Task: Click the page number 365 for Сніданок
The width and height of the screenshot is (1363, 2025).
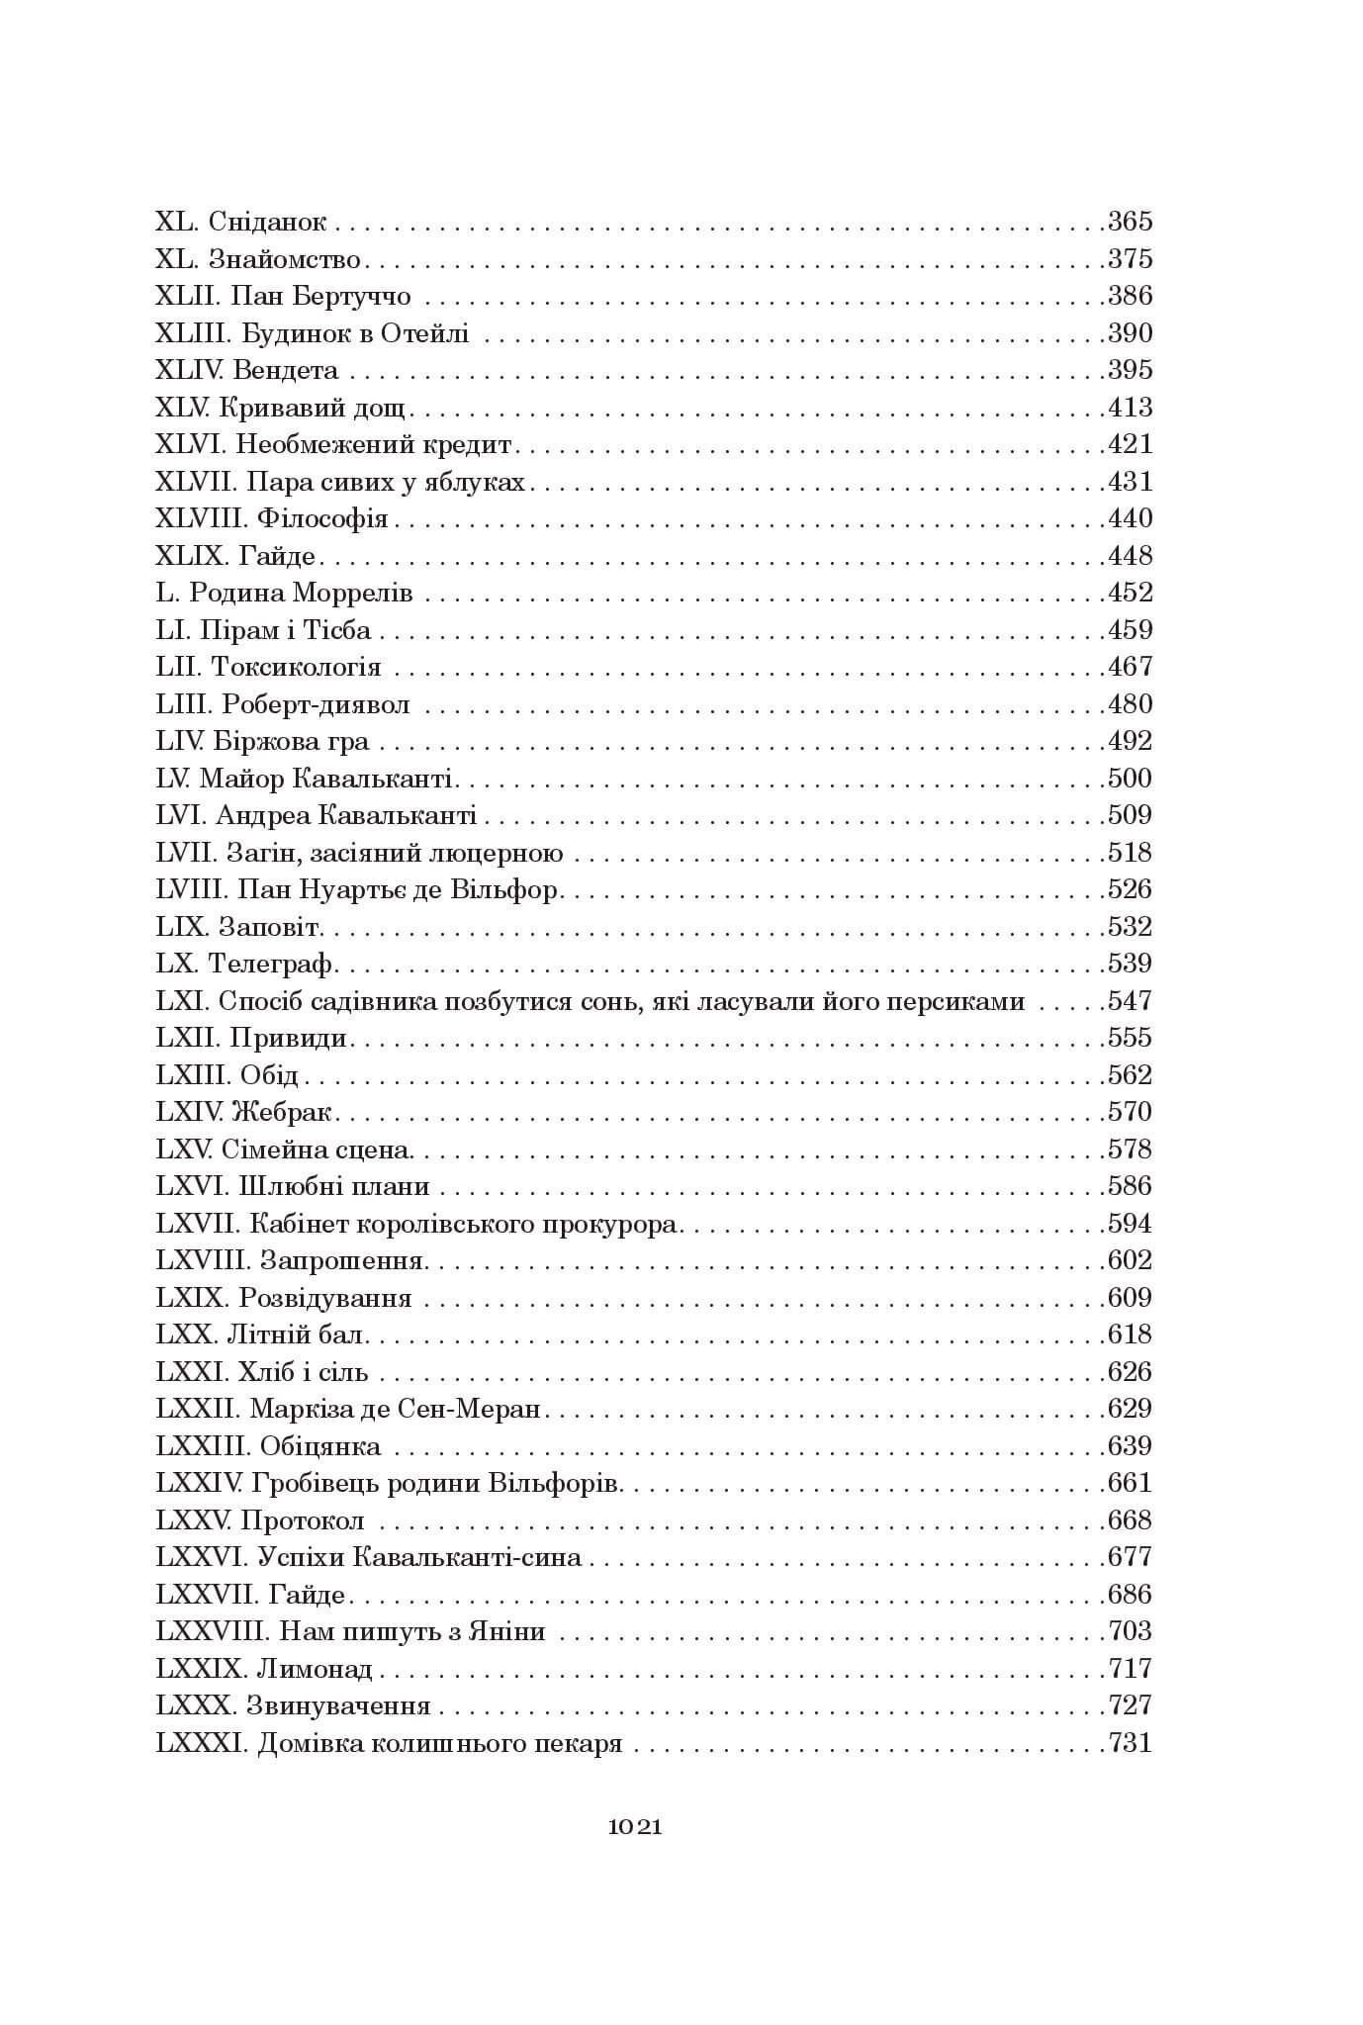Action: click(x=1130, y=222)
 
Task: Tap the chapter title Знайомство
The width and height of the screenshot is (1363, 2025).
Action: click(x=285, y=259)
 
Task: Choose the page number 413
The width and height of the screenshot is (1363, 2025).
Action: click(x=1130, y=408)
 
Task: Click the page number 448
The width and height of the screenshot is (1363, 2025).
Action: click(x=1130, y=556)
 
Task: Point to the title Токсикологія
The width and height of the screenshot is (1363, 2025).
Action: click(x=296, y=667)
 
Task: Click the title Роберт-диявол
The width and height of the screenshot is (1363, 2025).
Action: click(x=316, y=704)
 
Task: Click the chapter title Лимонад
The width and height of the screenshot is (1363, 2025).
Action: click(x=315, y=1669)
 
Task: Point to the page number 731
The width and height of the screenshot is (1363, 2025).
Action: click(x=1130, y=1743)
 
